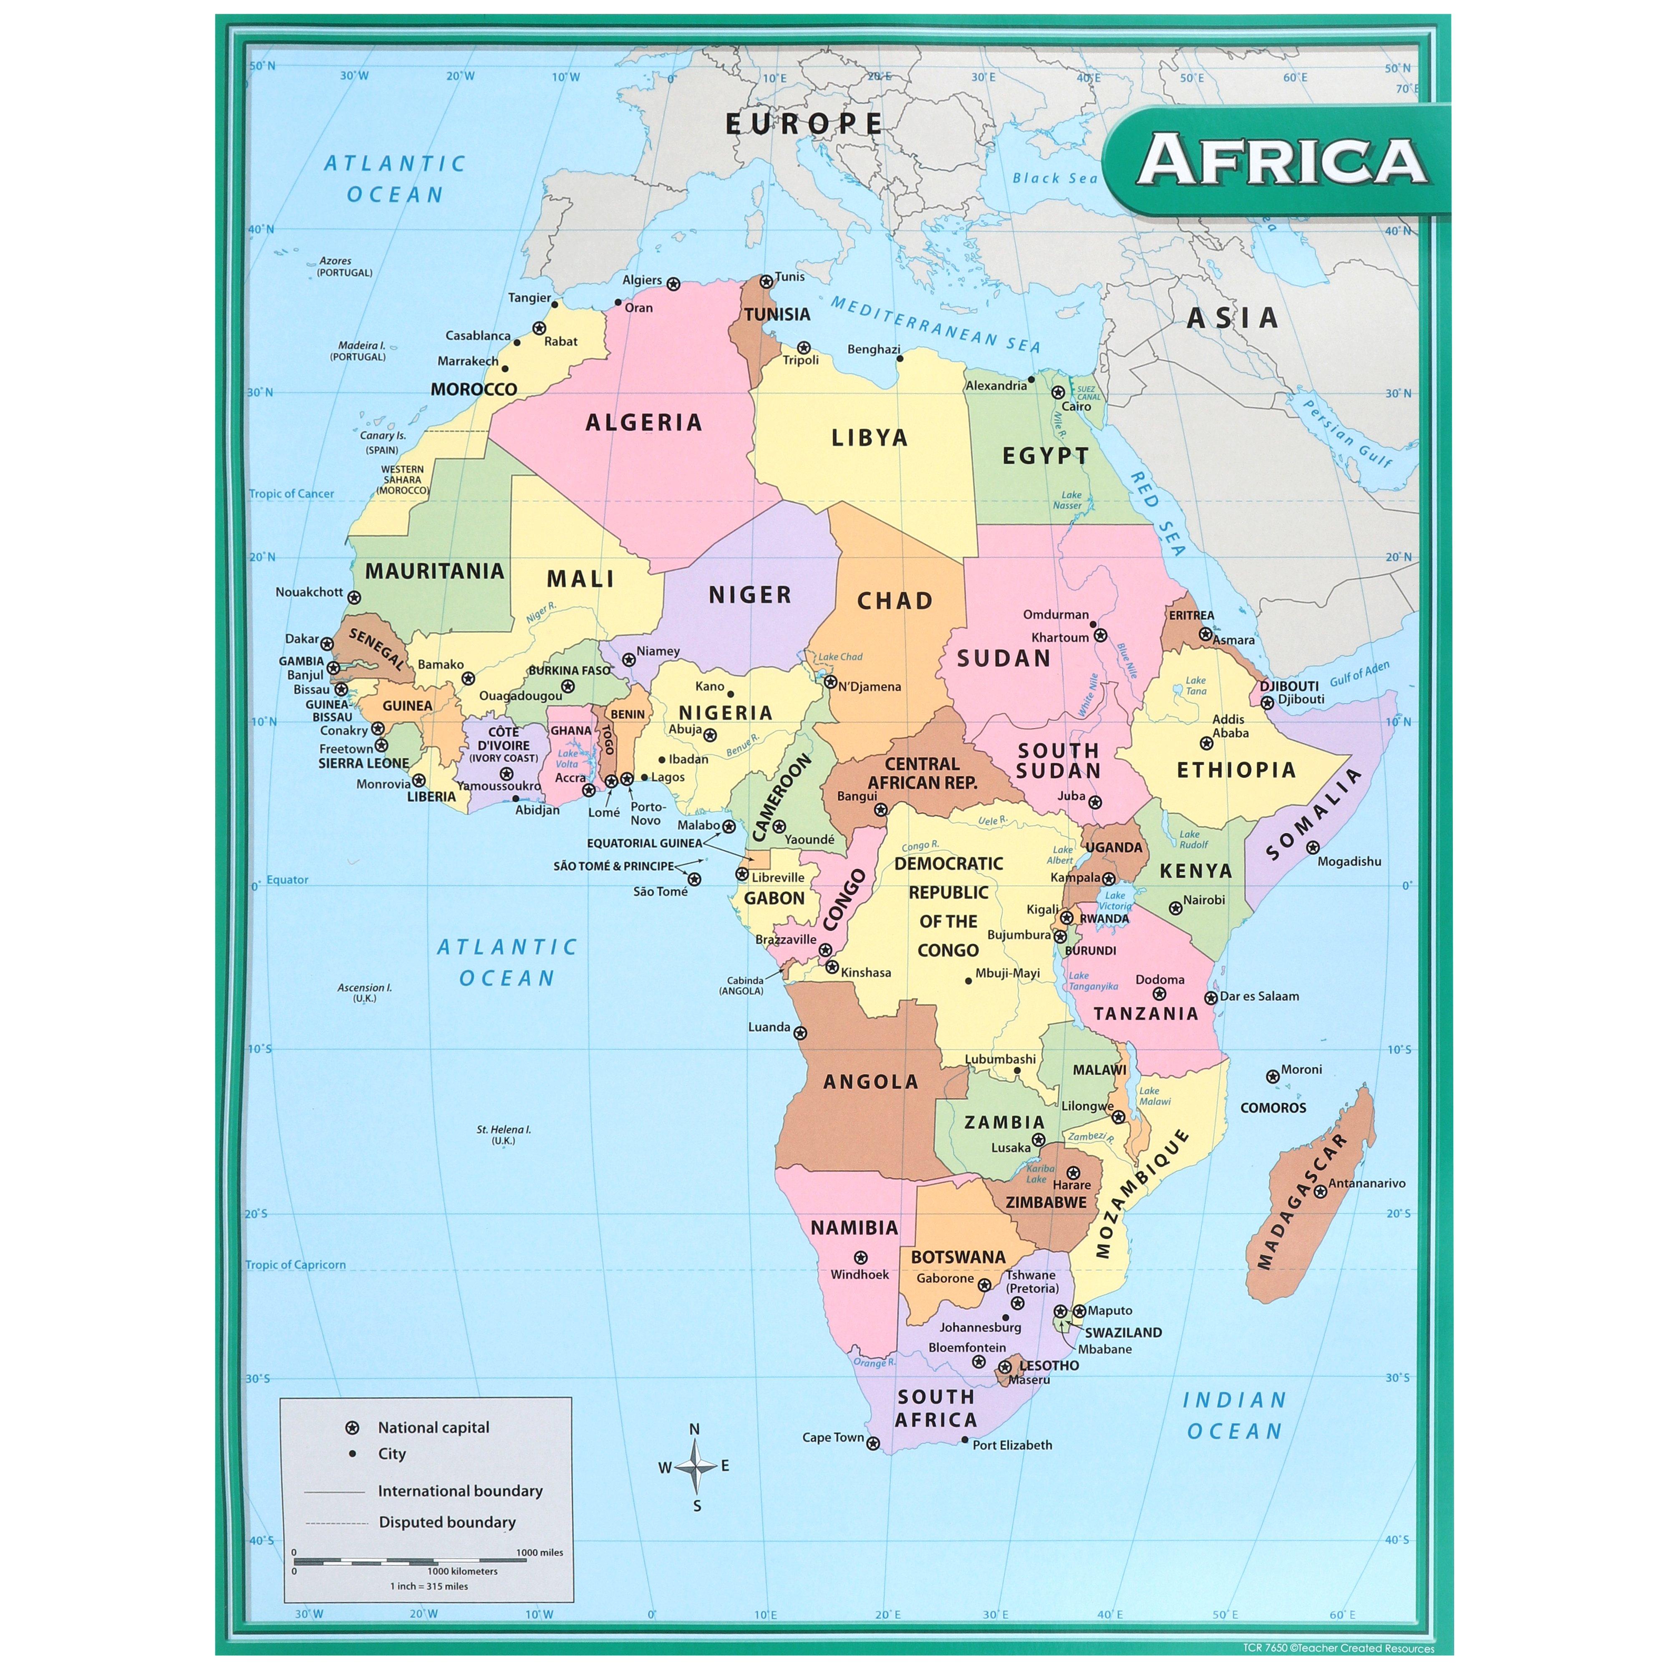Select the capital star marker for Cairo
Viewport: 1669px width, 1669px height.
pos(1057,392)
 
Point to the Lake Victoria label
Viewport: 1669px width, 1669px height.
pos(1116,901)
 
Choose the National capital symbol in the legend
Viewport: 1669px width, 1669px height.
pos(352,1428)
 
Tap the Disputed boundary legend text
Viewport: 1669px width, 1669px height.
pos(446,1522)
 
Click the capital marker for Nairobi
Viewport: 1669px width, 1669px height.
pos(1175,908)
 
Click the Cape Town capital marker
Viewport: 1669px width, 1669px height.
pos(873,1444)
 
